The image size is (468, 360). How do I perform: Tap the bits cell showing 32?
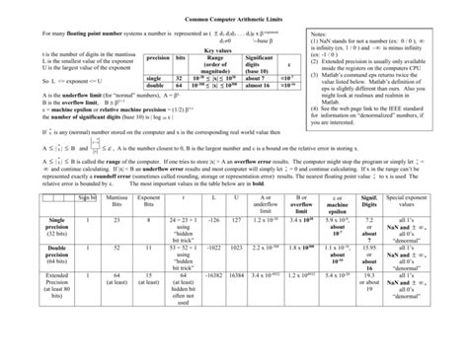pyautogui.click(x=180, y=102)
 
